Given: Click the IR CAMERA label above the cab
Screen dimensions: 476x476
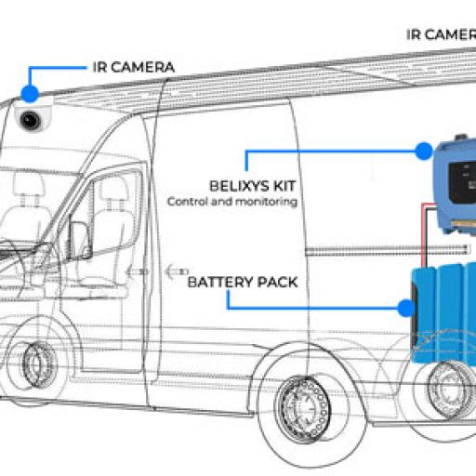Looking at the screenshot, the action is (x=134, y=67).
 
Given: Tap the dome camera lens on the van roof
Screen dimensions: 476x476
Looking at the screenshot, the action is (x=30, y=120).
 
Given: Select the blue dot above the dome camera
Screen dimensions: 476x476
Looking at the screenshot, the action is (x=30, y=94).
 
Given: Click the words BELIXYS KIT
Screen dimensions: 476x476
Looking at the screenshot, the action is (x=253, y=186).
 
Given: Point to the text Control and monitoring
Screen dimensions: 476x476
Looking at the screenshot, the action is (x=232, y=202).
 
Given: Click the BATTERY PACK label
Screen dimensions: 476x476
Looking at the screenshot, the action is (x=243, y=283).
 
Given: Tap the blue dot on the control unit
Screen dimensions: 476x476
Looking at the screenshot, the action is (x=424, y=151).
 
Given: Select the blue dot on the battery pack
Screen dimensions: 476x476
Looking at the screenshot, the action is (x=406, y=308).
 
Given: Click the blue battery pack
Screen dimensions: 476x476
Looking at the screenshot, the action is (x=443, y=313).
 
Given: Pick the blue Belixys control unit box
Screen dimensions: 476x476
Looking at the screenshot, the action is (x=456, y=185).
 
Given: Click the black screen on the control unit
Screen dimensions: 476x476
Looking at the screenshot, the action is (x=462, y=182).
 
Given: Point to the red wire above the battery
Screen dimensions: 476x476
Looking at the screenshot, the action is (x=423, y=234).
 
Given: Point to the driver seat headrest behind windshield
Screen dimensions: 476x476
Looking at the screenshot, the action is (x=30, y=184).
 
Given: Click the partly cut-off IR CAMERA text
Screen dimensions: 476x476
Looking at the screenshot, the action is (x=441, y=34).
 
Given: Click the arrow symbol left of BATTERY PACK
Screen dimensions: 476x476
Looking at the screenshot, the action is (x=178, y=271).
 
